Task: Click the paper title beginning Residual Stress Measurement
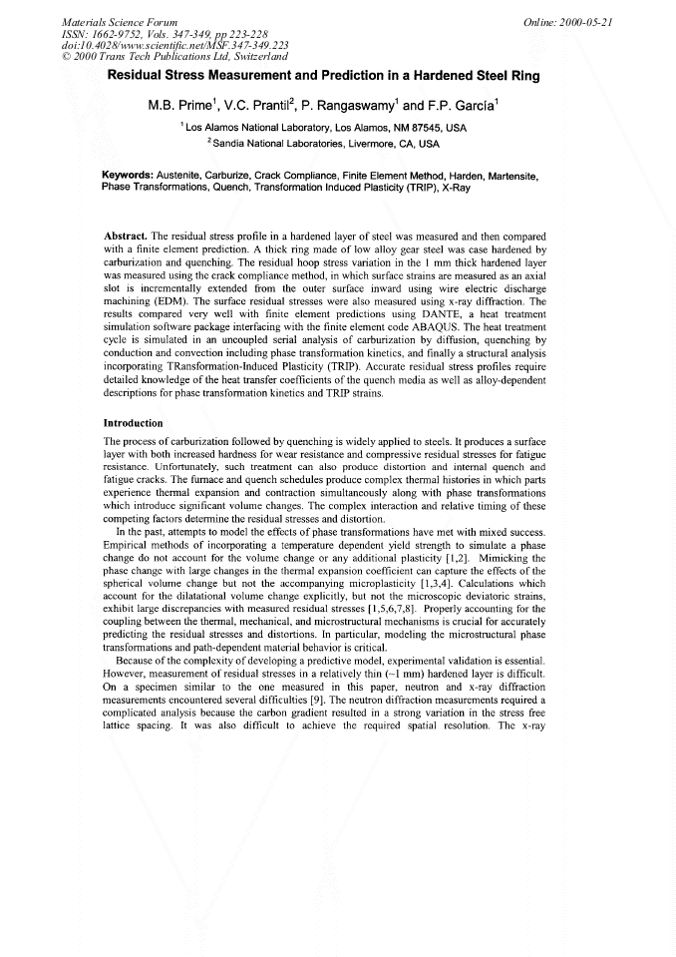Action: [338, 75]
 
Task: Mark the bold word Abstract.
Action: [126, 236]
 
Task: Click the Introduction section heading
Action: [135, 422]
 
